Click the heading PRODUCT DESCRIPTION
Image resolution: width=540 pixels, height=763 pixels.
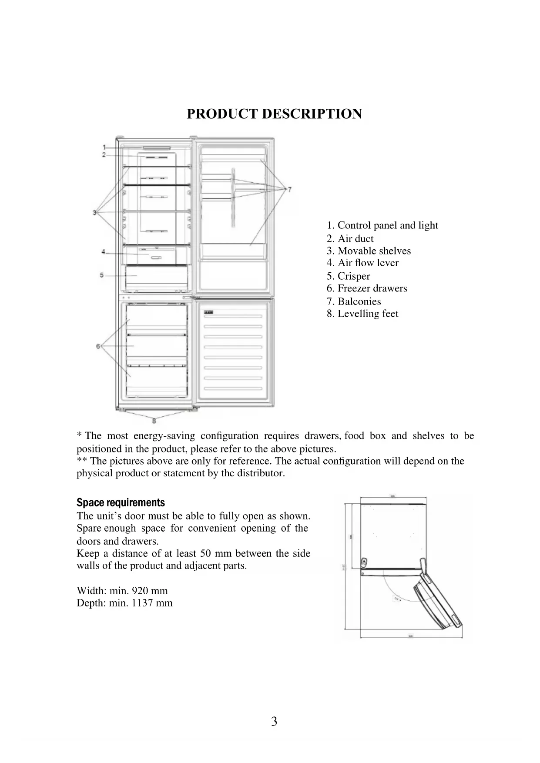coord(274,114)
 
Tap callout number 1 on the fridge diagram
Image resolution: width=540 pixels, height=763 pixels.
coord(104,147)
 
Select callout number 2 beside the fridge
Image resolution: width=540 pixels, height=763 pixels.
coord(104,154)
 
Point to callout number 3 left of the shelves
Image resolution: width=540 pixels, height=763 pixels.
coord(94,212)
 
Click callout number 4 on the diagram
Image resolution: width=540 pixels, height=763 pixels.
coord(103,252)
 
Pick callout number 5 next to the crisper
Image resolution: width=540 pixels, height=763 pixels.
coord(101,275)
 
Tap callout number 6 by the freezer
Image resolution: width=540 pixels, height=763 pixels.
coord(98,346)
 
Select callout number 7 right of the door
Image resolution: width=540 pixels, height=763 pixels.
coord(290,189)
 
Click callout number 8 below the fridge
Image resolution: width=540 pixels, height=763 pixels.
coord(154,420)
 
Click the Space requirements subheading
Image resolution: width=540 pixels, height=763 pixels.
coord(121,502)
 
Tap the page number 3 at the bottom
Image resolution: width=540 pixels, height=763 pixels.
coord(274,722)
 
